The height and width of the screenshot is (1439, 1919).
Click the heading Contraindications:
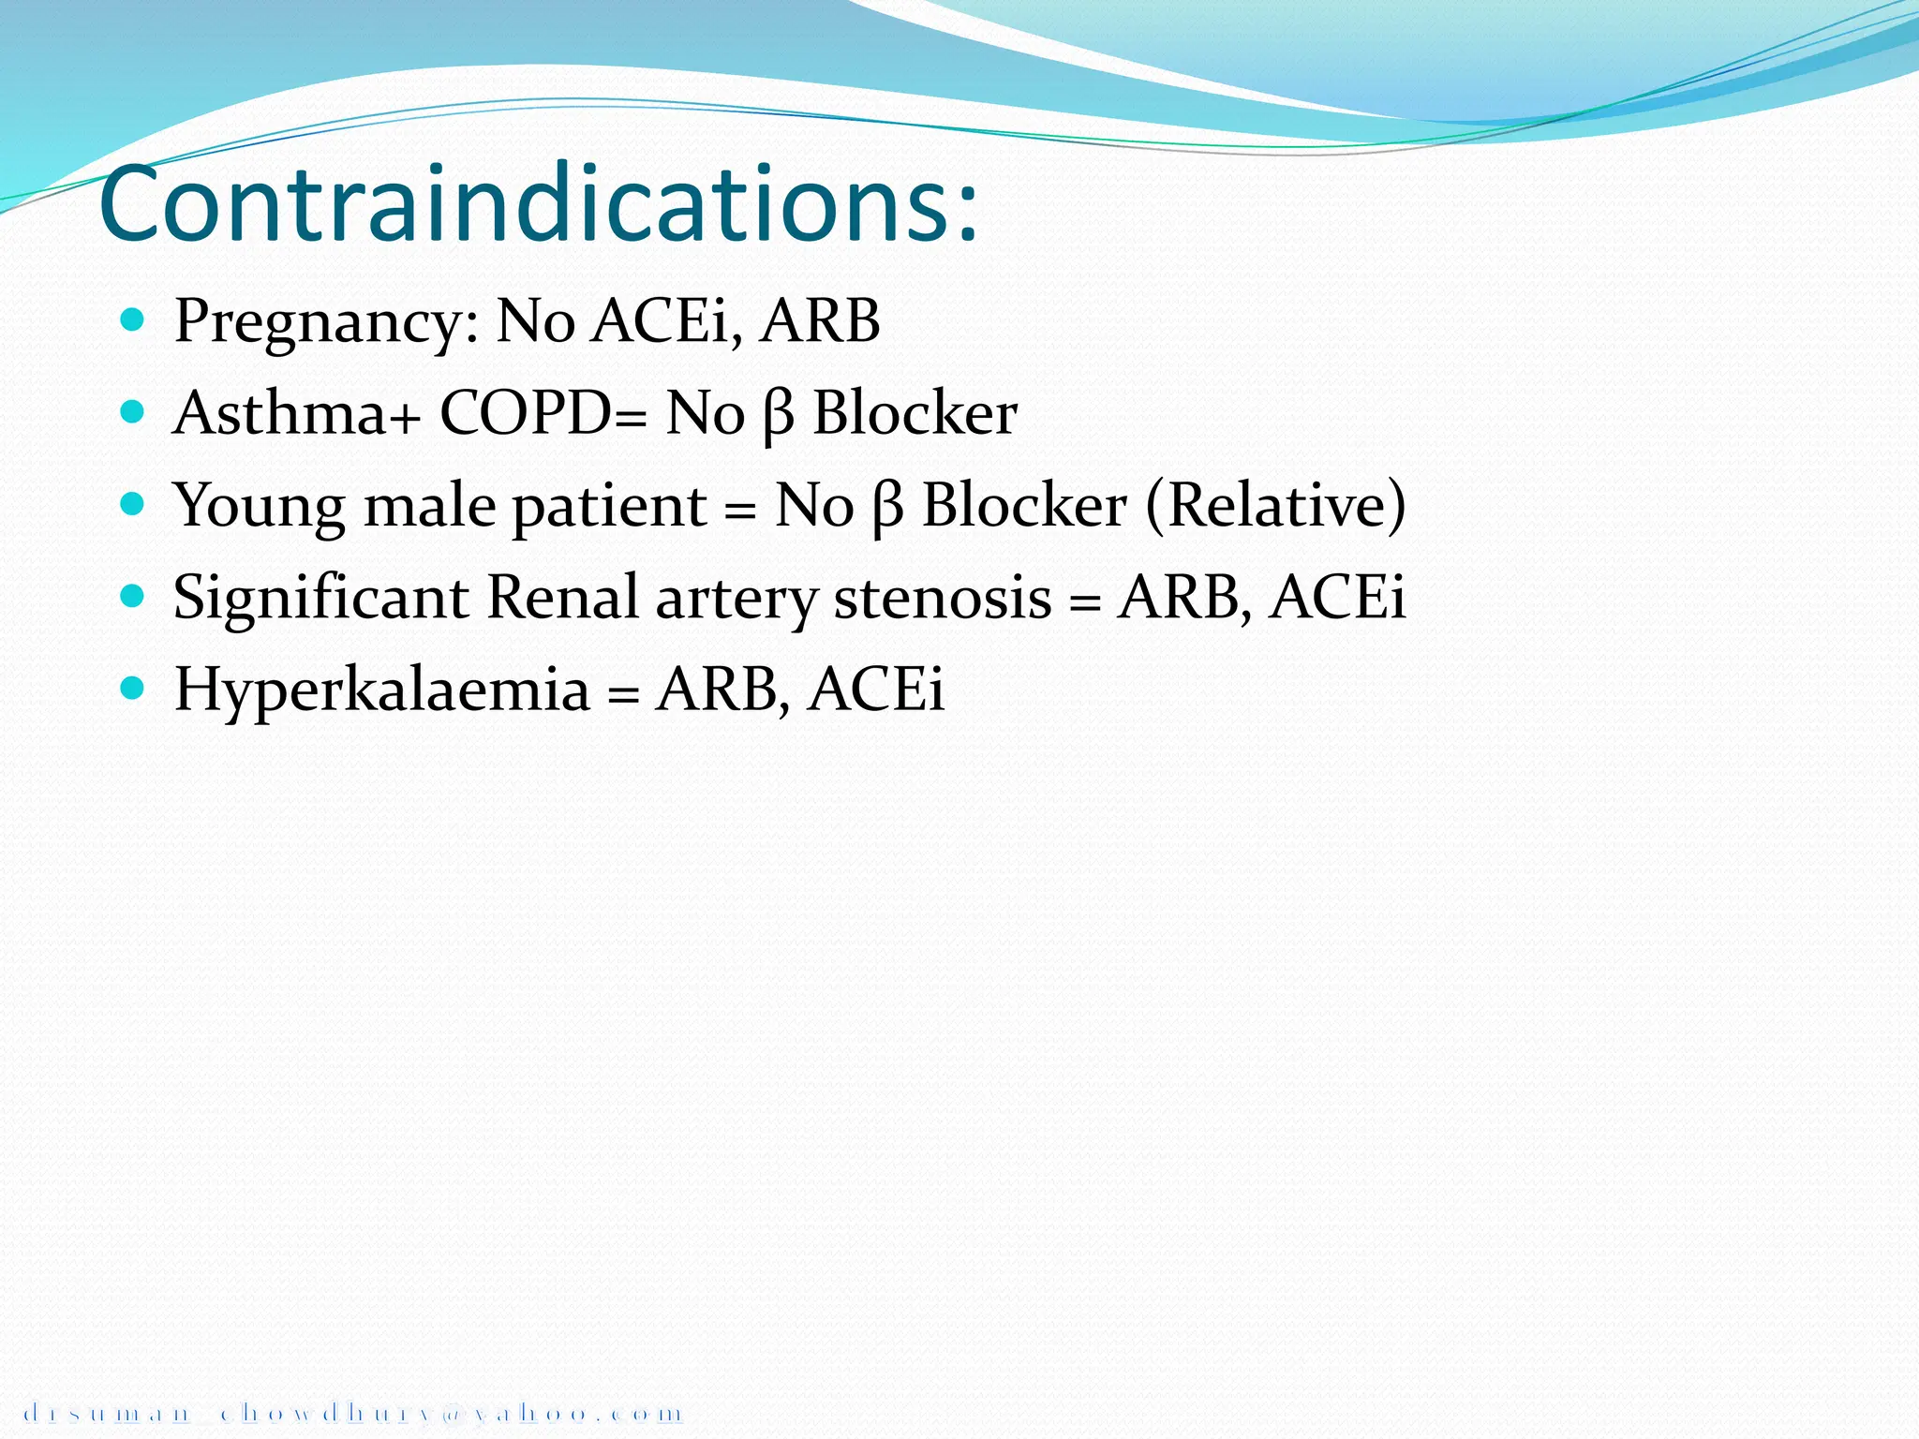coord(539,204)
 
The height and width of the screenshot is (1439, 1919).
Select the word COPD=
coord(543,413)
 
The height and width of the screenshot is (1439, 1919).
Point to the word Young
coord(259,507)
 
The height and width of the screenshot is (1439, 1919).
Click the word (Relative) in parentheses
coord(1275,506)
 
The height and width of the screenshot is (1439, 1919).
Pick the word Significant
coord(320,599)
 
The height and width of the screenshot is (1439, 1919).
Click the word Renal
coord(562,598)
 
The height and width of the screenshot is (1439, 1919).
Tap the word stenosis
coord(943,598)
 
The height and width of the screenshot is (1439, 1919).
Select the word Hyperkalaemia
coord(382,690)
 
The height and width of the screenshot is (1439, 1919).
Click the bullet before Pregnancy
coord(132,320)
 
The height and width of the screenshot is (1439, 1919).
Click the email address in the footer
coord(352,1412)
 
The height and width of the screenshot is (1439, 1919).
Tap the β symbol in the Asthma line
coord(778,415)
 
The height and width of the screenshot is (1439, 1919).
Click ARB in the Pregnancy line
coord(820,321)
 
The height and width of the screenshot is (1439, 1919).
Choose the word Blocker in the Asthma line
coord(915,413)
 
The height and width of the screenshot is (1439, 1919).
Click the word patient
coord(609,507)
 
